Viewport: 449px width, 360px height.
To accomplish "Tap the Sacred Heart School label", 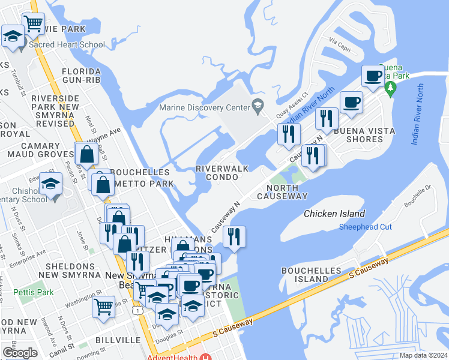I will tap(67, 44).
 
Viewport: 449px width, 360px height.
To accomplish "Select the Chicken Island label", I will tap(334, 214).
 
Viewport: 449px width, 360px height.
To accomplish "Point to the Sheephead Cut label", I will tap(365, 227).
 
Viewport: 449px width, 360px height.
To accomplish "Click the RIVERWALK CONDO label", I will tap(222, 173).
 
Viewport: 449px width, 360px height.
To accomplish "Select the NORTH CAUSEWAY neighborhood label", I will tap(282, 192).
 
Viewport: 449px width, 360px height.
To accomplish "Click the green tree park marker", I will tap(391, 90).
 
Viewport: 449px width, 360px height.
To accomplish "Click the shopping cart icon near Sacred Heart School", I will tap(34, 24).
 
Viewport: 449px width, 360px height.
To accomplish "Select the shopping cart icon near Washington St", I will tap(103, 307).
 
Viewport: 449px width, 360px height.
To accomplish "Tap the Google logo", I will tap(20, 353).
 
